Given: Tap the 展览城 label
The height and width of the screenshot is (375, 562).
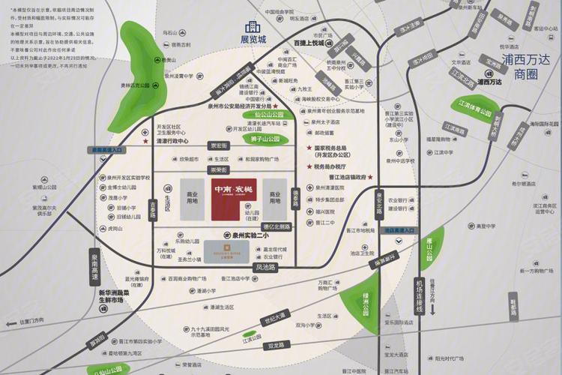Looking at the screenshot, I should [x=253, y=39].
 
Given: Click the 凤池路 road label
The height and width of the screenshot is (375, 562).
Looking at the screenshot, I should [x=266, y=266].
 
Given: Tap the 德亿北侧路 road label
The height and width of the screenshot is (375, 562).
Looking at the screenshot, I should [x=277, y=226].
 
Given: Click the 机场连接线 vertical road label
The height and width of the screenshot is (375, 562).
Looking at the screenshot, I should [x=420, y=295].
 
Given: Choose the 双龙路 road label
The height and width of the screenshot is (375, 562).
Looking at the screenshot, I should [x=279, y=346].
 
